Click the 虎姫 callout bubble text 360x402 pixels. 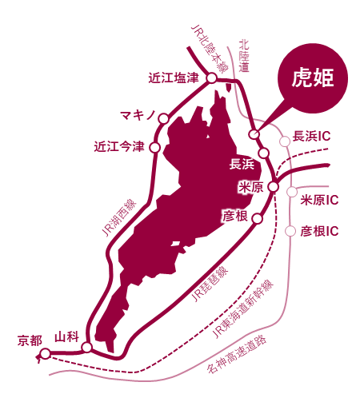(313, 78)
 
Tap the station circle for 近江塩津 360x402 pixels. (212, 78)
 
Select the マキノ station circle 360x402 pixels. (164, 118)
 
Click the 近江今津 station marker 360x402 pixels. (155, 147)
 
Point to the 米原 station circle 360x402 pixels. (274, 187)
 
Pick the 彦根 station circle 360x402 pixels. (258, 218)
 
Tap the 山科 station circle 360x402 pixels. (87, 348)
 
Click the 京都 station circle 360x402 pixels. (46, 354)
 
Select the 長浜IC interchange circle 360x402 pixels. (285, 141)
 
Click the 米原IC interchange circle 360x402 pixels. (292, 192)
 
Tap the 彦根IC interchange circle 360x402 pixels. (290, 231)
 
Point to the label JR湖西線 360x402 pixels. (119, 217)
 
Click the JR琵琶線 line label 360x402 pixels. (210, 284)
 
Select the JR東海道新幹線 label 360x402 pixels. (242, 308)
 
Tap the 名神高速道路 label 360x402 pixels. (237, 354)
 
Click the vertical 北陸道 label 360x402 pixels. (244, 56)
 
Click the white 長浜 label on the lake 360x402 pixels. (242, 164)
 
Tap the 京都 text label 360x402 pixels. (30, 340)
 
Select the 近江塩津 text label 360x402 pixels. (174, 78)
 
